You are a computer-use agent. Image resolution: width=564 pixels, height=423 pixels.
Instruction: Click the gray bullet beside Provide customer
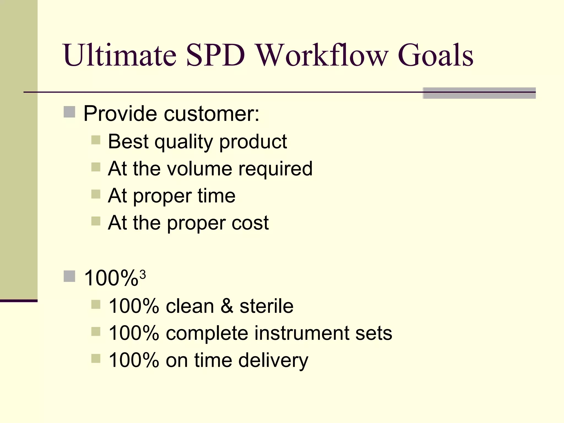coord(69,112)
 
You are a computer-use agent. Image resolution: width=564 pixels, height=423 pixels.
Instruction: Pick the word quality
coord(184,142)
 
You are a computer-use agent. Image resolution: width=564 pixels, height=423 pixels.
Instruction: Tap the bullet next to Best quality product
coord(96,140)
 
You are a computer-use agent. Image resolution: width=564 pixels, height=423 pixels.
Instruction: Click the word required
coord(275,169)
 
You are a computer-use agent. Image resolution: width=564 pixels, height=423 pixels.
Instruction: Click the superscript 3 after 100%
coord(142,275)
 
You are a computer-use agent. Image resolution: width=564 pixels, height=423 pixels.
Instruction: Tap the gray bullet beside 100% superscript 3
coord(69,276)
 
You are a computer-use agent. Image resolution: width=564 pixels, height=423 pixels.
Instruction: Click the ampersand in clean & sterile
coord(227,306)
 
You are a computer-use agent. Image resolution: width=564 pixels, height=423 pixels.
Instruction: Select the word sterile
coord(266,306)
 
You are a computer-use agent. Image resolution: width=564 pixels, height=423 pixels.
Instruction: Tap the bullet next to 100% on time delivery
coord(96,359)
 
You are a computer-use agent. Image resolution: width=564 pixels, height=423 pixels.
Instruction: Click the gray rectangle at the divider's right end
coord(479,93)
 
